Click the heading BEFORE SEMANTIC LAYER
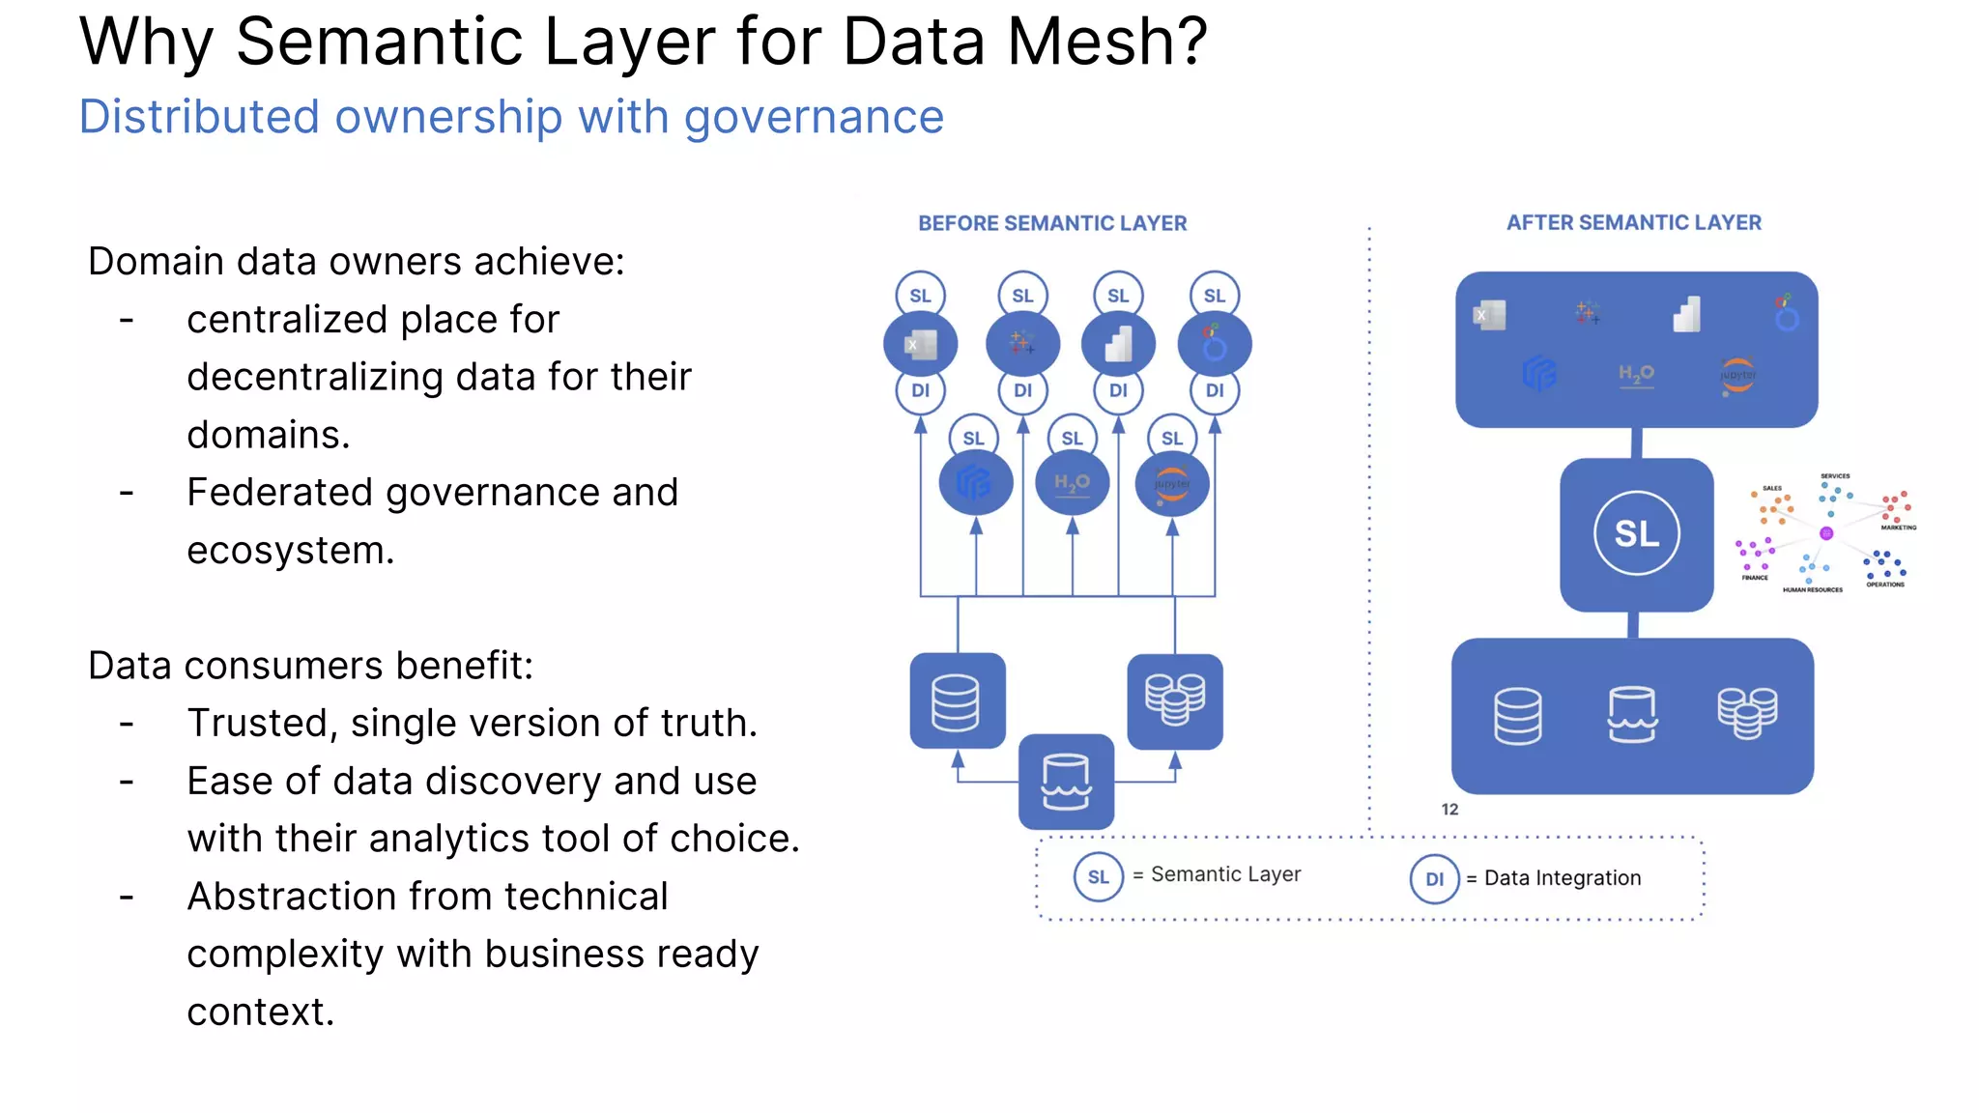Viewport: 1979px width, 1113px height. click(1051, 223)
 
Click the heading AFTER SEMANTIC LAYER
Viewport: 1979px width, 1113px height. click(1633, 222)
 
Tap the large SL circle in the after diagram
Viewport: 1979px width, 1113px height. click(1636, 533)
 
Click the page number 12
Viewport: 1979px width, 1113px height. click(1449, 810)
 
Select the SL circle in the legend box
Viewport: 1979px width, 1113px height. click(1098, 877)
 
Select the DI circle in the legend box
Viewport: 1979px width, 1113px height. click(1434, 879)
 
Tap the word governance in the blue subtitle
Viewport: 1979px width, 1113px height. click(814, 118)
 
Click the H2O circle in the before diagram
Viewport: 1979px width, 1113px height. click(1072, 482)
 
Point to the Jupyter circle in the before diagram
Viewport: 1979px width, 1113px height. click(1172, 483)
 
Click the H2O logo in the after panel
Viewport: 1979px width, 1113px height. click(1636, 374)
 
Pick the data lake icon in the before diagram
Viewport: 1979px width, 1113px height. click(1066, 782)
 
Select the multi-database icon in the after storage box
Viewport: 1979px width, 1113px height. click(1747, 714)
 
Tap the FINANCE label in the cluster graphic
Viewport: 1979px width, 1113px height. click(1755, 578)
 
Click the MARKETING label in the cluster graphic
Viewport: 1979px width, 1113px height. click(1898, 528)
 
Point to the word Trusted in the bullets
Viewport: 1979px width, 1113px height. click(261, 724)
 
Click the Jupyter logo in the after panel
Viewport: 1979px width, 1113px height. click(1736, 375)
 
